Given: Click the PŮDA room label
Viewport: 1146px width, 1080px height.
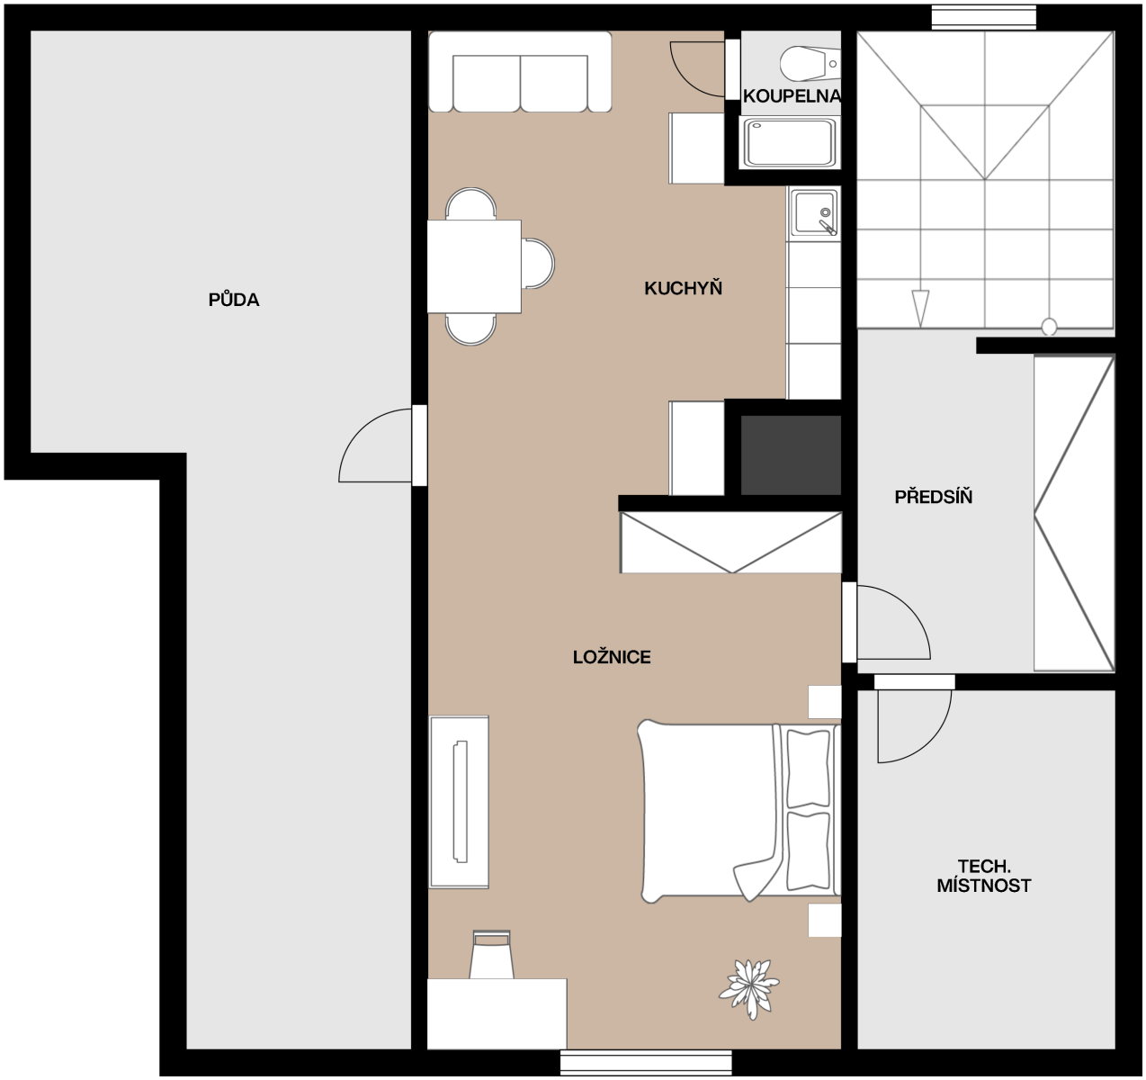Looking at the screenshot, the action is point(234,299).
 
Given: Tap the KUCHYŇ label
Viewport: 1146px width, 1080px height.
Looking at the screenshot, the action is point(684,288).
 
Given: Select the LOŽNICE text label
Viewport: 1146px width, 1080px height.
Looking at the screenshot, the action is point(612,657).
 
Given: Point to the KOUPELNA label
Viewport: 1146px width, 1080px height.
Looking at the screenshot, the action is point(792,96).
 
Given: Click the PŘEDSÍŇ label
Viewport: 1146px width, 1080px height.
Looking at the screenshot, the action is point(933,497).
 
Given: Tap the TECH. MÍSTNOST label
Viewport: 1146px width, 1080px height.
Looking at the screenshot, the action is point(984,876).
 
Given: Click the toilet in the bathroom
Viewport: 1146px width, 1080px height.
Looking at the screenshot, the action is point(810,63).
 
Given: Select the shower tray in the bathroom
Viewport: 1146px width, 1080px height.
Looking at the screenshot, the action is point(790,142).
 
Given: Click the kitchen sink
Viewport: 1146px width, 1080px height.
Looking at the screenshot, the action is point(814,212).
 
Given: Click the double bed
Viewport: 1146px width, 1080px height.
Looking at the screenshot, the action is point(739,813).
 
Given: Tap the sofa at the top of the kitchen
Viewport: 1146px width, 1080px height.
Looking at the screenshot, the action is point(520,72).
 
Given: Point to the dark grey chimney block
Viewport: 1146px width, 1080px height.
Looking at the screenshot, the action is point(791,455).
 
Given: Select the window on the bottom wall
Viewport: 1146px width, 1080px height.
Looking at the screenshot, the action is point(646,1063).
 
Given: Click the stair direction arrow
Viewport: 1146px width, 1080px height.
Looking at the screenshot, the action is point(920,308).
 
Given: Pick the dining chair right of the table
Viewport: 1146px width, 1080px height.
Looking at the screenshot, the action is point(539,264).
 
